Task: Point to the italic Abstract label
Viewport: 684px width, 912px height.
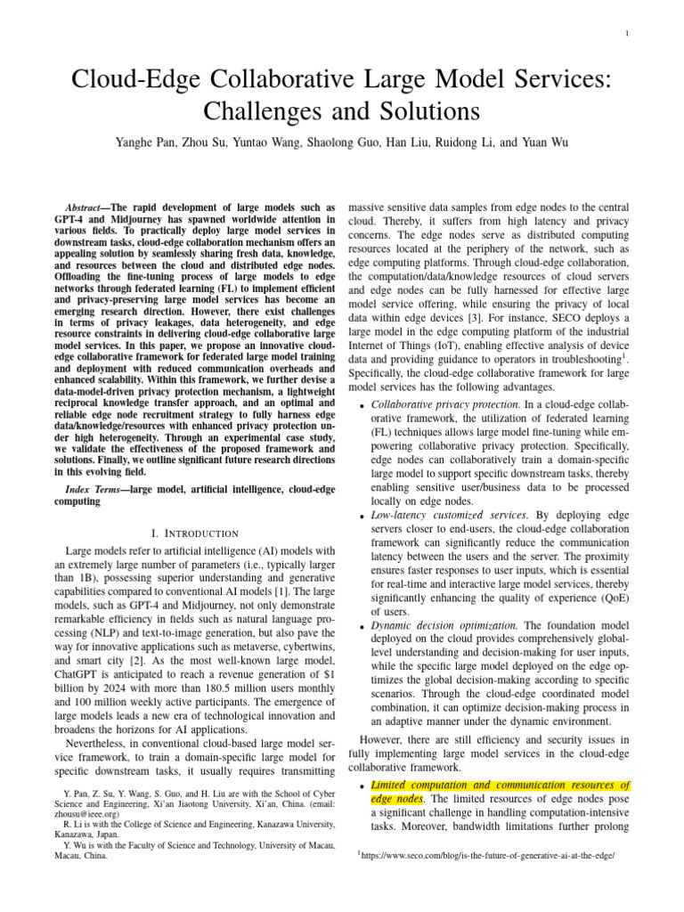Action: [89, 207]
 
